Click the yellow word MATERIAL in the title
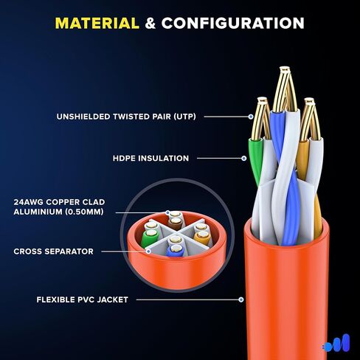coord(97,24)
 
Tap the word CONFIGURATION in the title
coord(233,24)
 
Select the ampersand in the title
coord(150,24)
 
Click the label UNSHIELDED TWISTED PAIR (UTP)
coord(126,117)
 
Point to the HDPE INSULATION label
coord(150,158)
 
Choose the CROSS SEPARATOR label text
coord(53,252)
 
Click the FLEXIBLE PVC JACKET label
coord(83,300)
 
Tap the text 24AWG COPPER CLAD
coord(59,202)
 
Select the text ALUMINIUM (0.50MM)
coord(58,212)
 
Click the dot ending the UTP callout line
coord(251,117)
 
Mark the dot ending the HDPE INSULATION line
coord(243,158)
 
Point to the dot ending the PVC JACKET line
coord(241,300)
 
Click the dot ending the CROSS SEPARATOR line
coord(148,252)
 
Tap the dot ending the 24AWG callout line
coord(167,212)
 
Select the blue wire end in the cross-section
coord(176,251)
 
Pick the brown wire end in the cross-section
coord(176,224)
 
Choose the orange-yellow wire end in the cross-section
coord(202,237)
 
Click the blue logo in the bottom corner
coord(336,343)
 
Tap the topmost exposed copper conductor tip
coord(285,69)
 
